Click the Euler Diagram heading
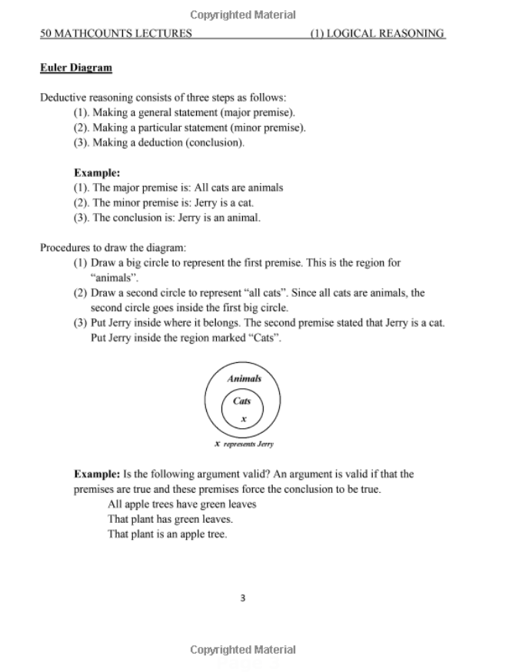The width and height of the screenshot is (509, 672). (76, 68)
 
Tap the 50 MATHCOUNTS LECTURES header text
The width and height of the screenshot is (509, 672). (116, 34)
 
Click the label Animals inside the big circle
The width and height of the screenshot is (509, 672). (244, 378)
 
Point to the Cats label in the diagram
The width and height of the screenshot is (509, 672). (242, 401)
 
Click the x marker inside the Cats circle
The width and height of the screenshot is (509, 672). (243, 419)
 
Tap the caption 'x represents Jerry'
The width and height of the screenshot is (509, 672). (244, 444)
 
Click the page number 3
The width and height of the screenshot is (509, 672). (243, 598)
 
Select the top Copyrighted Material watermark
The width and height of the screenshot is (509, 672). (243, 15)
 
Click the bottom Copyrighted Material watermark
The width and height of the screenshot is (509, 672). (243, 650)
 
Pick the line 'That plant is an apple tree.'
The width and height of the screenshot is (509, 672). (168, 534)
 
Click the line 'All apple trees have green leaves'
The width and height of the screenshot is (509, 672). (182, 504)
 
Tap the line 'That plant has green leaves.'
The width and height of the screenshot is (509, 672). (170, 519)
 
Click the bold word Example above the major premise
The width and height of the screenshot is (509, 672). (97, 173)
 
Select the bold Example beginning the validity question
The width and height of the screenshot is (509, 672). (97, 474)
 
